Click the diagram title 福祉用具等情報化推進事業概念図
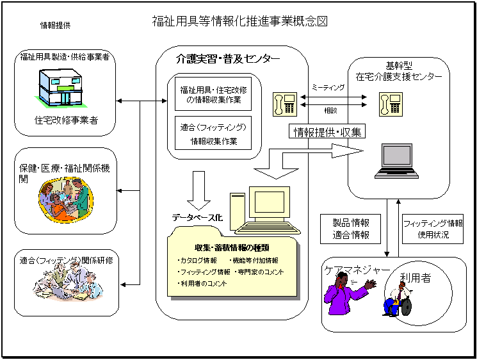(240, 21)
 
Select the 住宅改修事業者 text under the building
(67, 120)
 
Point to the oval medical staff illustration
(64, 200)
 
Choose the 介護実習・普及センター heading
(228, 59)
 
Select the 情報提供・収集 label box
(327, 133)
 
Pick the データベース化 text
(197, 218)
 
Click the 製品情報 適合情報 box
(352, 229)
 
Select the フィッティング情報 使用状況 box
(433, 229)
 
